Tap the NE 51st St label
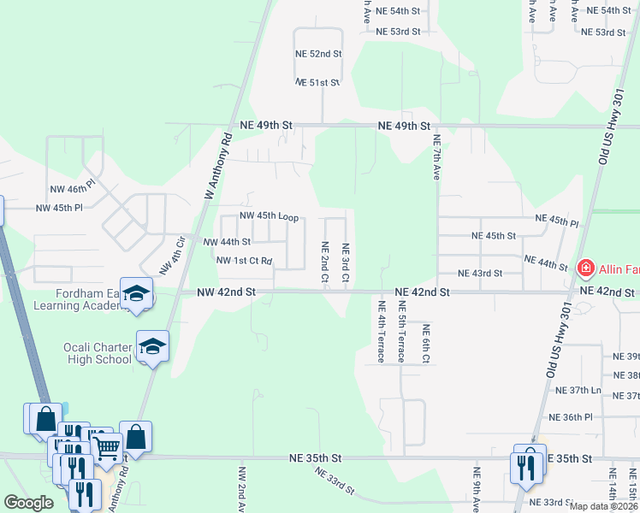[x=318, y=82]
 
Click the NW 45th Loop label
[x=269, y=217]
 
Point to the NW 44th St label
[x=227, y=242]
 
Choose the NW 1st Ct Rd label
[x=244, y=260]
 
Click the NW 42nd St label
[x=226, y=292]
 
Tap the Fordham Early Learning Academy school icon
[x=136, y=293]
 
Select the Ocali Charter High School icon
[x=152, y=346]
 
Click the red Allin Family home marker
[x=586, y=268]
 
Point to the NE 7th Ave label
[x=436, y=156]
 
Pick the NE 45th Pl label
[x=557, y=221]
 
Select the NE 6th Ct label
[x=424, y=342]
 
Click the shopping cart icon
[x=107, y=445]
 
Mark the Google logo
[x=28, y=504]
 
